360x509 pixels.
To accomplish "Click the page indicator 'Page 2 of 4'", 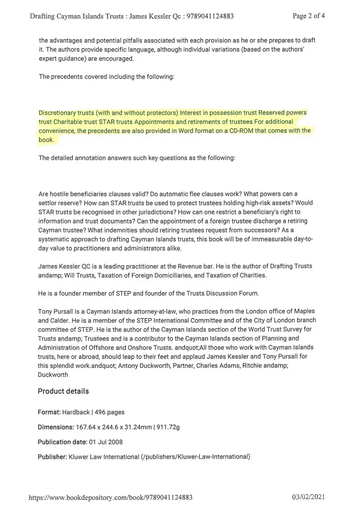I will point(309,15).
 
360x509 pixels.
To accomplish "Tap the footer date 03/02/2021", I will point(309,497).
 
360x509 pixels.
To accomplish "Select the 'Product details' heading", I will point(63,391).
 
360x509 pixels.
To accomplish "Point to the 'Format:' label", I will point(49,412).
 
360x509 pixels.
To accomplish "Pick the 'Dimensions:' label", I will point(56,427).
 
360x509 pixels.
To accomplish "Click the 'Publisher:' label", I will point(52,457).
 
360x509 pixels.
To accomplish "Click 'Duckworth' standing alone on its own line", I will point(52,374).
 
